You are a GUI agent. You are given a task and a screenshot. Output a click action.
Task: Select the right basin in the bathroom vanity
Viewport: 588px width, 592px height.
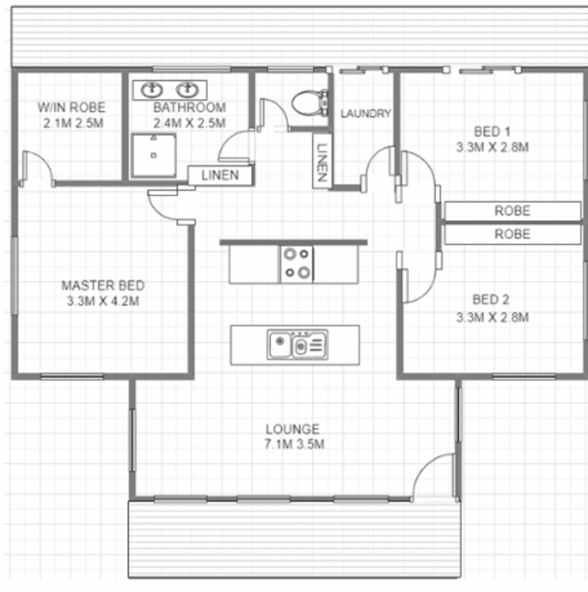pyautogui.click(x=188, y=89)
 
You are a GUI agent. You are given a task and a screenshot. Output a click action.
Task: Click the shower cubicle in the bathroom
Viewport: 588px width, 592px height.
pyautogui.click(x=154, y=156)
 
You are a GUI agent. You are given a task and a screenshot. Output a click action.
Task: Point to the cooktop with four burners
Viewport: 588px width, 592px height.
pyautogui.click(x=296, y=264)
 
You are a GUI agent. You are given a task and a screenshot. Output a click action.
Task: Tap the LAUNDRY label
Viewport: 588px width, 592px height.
pyautogui.click(x=366, y=114)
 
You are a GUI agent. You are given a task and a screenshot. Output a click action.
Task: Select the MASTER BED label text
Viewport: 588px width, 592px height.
pyautogui.click(x=103, y=286)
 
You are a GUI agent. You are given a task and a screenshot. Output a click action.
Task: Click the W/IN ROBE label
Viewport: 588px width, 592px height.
pyautogui.click(x=71, y=107)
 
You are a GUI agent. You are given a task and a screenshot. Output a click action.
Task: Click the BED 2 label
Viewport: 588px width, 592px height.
pyautogui.click(x=491, y=300)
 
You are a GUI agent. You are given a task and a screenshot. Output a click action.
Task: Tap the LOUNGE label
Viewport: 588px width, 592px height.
pyautogui.click(x=293, y=429)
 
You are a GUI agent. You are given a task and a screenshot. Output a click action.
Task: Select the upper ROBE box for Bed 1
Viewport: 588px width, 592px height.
pyautogui.click(x=512, y=210)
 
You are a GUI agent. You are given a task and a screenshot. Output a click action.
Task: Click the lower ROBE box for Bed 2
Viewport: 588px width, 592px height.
pyautogui.click(x=512, y=235)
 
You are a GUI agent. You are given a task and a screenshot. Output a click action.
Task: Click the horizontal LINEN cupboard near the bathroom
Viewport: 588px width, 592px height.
pyautogui.click(x=220, y=176)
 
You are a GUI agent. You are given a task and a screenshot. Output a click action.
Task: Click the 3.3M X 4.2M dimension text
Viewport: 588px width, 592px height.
pyautogui.click(x=103, y=301)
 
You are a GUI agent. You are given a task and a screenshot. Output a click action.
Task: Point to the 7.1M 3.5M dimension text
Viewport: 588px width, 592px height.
pyautogui.click(x=295, y=445)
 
